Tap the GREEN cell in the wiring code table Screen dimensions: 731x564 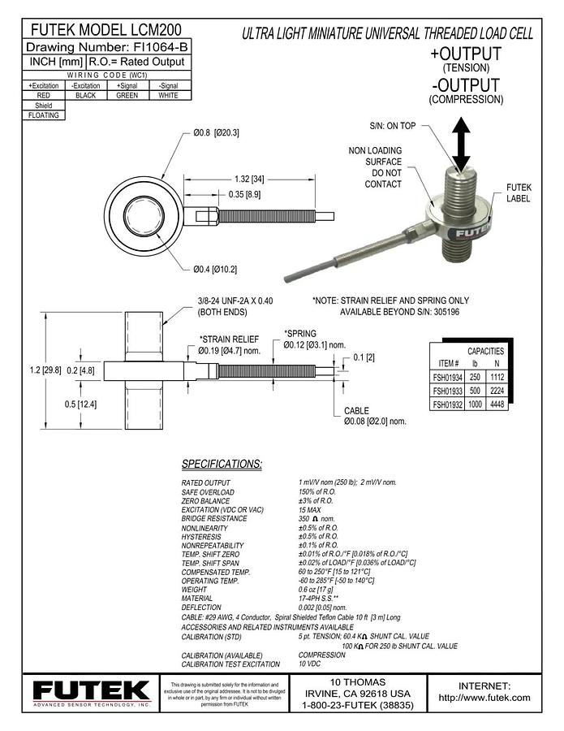(127, 95)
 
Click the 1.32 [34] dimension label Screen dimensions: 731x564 (248, 178)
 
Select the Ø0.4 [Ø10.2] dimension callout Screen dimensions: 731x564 (215, 269)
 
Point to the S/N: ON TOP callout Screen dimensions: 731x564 (392, 126)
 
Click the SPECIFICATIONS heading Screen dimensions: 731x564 (222, 464)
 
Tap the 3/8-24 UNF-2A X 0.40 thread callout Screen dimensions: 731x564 (236, 301)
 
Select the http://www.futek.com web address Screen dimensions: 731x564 (484, 697)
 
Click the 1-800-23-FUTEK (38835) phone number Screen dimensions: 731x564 (357, 707)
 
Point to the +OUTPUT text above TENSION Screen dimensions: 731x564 (466, 54)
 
